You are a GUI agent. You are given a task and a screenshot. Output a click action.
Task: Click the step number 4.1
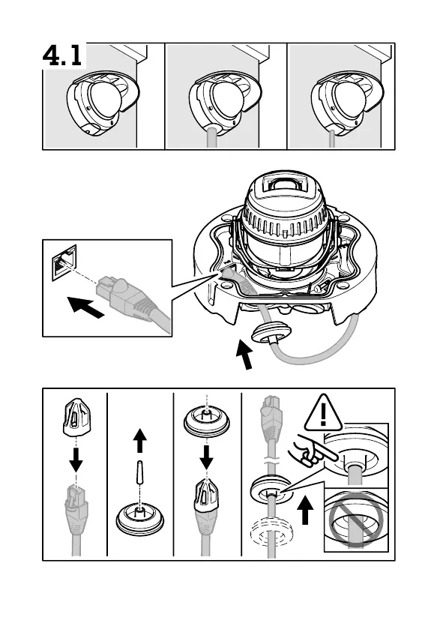click(63, 55)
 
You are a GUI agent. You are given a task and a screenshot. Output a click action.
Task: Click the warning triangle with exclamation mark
click(323, 413)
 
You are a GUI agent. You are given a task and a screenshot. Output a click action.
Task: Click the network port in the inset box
click(64, 263)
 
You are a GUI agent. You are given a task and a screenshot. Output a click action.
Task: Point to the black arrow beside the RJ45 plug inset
click(85, 307)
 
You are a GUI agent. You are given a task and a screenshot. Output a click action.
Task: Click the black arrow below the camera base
click(244, 354)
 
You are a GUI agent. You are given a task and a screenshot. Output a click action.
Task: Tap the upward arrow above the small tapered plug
click(139, 440)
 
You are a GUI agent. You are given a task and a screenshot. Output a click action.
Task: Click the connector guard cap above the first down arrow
click(76, 417)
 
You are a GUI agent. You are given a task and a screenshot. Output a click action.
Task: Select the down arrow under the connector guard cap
click(76, 460)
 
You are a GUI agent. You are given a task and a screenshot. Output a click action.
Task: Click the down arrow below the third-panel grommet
click(206, 457)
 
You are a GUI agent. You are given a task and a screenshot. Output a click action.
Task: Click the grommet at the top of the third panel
click(207, 422)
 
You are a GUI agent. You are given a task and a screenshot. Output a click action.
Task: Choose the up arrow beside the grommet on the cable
click(306, 510)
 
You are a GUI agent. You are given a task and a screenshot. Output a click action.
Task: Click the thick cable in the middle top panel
click(212, 136)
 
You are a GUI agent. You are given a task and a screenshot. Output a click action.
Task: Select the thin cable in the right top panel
click(332, 139)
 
